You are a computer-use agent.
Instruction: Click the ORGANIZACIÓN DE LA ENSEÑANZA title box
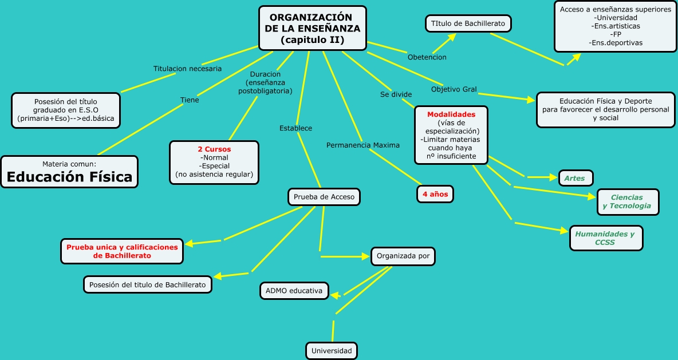click(x=313, y=28)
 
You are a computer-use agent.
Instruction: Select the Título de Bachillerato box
click(x=468, y=23)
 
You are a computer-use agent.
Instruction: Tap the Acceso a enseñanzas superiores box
click(x=615, y=26)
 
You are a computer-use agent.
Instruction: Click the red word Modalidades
click(x=451, y=114)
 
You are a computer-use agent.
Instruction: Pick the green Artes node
click(x=574, y=178)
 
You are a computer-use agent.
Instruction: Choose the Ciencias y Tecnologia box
click(x=627, y=201)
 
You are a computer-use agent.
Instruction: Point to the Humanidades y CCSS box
click(x=605, y=238)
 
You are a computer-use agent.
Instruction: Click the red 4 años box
click(x=435, y=194)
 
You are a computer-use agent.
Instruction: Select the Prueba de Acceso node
click(x=324, y=197)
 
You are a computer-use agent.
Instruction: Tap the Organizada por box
click(x=403, y=256)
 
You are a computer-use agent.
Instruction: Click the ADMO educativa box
click(x=294, y=291)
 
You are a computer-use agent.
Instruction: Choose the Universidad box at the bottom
click(x=332, y=350)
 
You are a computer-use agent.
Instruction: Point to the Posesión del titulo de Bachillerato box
click(x=148, y=284)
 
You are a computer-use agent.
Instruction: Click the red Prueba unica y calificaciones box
click(x=123, y=251)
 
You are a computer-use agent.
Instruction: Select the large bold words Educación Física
click(x=69, y=177)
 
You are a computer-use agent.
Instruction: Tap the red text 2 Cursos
click(x=214, y=149)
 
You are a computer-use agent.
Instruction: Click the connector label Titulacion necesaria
click(x=187, y=69)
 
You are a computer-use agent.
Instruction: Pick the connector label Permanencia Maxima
click(x=363, y=145)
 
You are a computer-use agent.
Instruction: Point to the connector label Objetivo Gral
click(x=454, y=89)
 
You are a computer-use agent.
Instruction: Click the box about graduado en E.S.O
click(x=66, y=110)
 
